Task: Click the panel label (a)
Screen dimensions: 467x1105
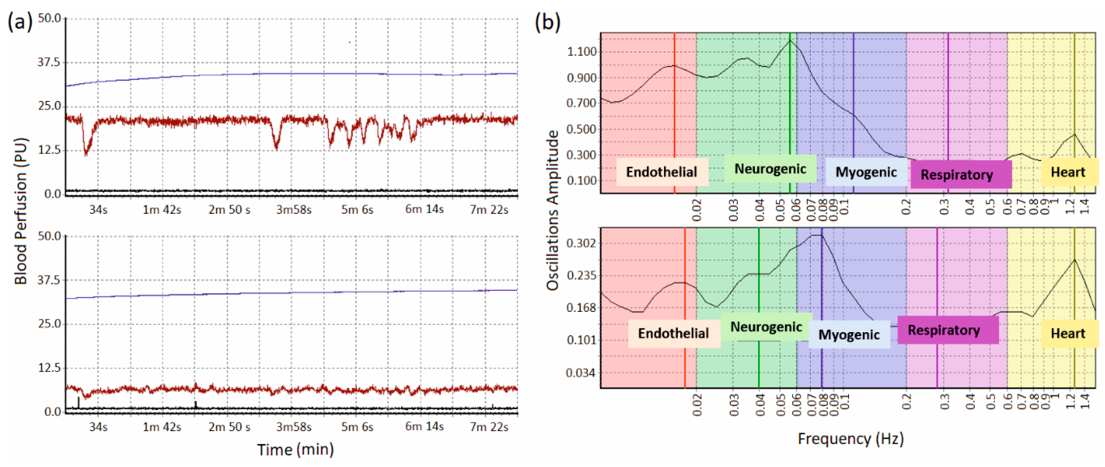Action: [20, 21]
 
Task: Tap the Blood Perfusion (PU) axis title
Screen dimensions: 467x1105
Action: [21, 211]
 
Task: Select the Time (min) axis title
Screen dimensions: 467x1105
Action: [296, 449]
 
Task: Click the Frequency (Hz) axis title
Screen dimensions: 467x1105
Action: [851, 439]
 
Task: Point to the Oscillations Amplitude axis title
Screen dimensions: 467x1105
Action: [552, 210]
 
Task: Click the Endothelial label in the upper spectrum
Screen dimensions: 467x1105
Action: [662, 172]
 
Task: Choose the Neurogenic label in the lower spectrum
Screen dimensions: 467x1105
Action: [766, 327]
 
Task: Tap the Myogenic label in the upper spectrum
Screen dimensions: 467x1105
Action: [866, 172]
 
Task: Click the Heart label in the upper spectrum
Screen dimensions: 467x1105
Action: [1068, 172]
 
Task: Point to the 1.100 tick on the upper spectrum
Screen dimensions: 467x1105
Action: [582, 52]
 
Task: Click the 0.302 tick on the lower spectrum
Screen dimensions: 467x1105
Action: [582, 243]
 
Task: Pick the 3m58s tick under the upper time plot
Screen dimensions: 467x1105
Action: [294, 209]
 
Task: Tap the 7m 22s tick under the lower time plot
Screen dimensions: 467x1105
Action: [489, 427]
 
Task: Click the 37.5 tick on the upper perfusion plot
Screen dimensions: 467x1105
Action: [49, 62]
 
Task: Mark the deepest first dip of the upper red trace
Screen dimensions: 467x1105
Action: [86, 154]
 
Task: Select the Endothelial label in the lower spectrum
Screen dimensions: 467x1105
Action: [673, 334]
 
